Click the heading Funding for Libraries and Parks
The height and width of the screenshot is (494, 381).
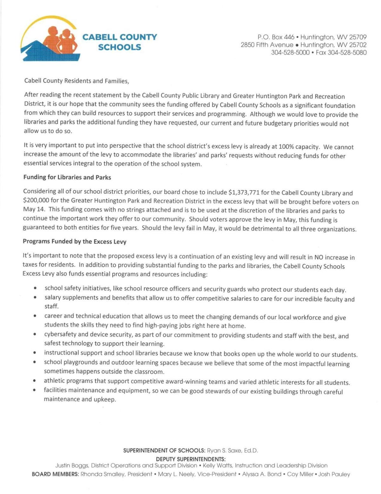pyautogui.click(x=67, y=177)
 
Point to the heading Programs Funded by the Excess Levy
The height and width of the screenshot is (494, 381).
pyautogui.click(x=74, y=242)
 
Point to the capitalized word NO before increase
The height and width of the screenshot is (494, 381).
pyautogui.click(x=318, y=257)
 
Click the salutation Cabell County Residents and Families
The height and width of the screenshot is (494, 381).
pyautogui.click(x=77, y=81)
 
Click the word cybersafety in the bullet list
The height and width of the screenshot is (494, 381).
pyautogui.click(x=59, y=334)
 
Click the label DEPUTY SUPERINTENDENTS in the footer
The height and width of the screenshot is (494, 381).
pyautogui.click(x=190, y=459)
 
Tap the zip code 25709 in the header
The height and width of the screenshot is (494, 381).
pyautogui.click(x=358, y=37)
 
